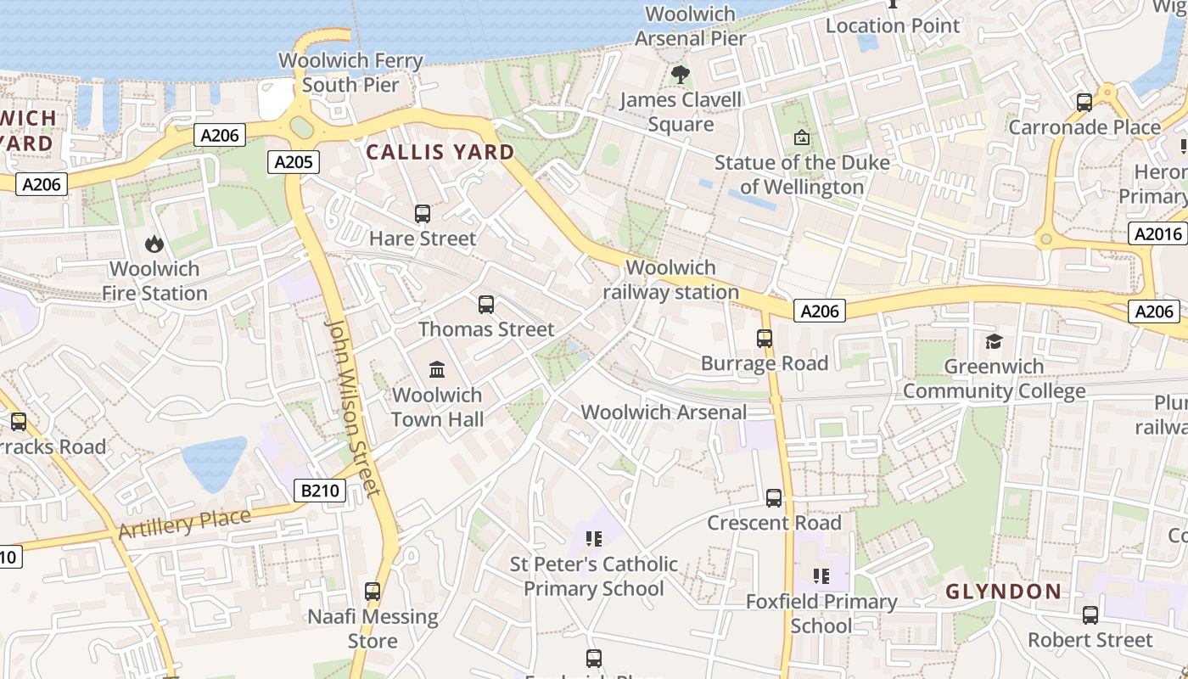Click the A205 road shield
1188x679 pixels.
click(x=294, y=162)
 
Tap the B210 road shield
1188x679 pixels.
click(x=320, y=490)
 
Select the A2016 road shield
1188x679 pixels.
click(x=1157, y=233)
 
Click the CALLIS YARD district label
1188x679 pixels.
click(x=440, y=152)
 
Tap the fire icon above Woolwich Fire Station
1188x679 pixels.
click(x=154, y=244)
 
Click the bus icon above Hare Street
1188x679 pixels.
click(x=423, y=214)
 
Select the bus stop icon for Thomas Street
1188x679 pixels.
click(x=486, y=305)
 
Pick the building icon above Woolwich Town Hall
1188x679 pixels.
click(x=437, y=369)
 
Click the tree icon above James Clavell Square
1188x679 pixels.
click(x=680, y=75)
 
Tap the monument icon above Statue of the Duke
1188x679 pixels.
click(x=802, y=137)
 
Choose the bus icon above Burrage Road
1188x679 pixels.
click(x=765, y=339)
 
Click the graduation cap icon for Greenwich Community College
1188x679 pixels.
click(x=994, y=341)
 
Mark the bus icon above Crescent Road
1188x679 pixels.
click(x=774, y=498)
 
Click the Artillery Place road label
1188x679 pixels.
click(x=185, y=524)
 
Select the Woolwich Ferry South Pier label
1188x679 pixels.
click(x=350, y=73)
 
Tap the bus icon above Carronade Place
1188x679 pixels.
click(x=1084, y=103)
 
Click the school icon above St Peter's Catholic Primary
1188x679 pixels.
click(x=594, y=539)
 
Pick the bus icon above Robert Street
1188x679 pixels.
click(x=1090, y=614)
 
